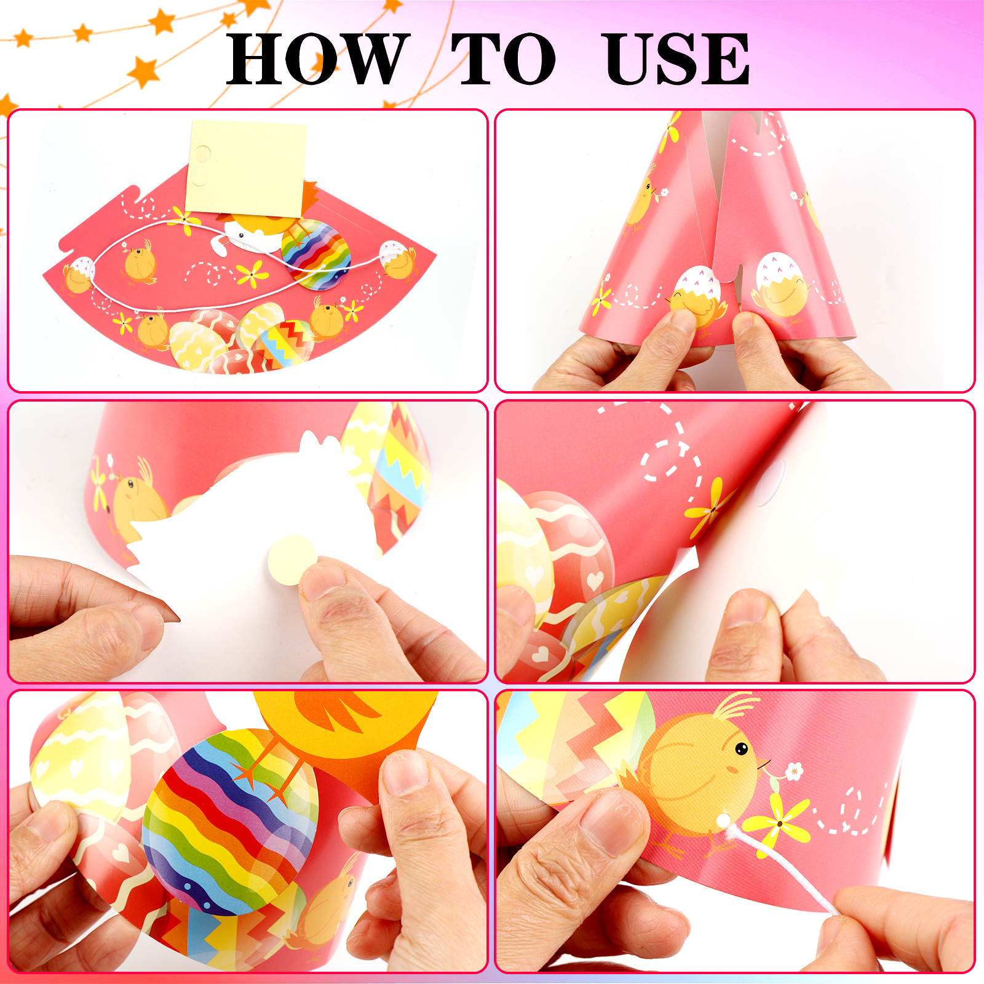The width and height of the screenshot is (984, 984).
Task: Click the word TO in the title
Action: [503, 59]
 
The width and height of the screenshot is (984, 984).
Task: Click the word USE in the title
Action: [677, 59]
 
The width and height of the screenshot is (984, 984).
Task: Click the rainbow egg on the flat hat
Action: [316, 254]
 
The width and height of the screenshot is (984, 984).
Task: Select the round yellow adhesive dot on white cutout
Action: [293, 560]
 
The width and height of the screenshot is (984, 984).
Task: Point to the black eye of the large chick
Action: [742, 748]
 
